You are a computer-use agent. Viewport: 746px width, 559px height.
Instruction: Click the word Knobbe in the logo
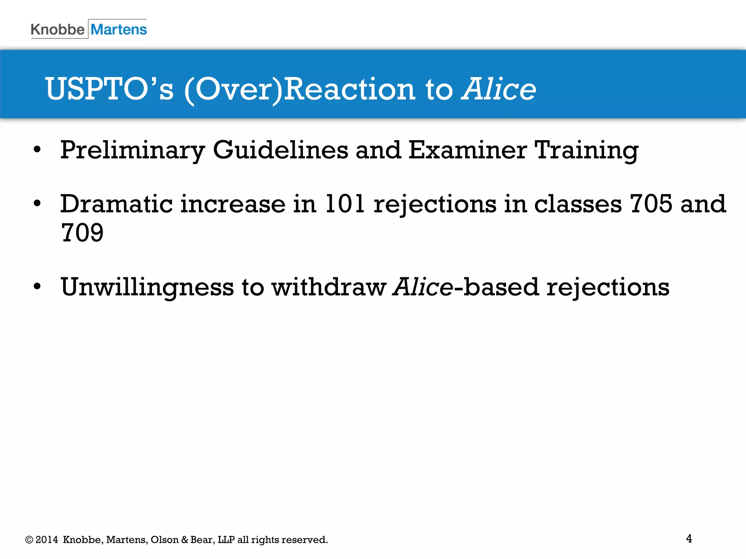(58, 29)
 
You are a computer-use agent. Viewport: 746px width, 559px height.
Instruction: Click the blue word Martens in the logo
(119, 29)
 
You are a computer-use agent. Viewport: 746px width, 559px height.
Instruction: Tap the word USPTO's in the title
(109, 89)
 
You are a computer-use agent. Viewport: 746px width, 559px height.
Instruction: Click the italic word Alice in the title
(499, 89)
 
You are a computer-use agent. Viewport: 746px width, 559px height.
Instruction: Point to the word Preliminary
(133, 150)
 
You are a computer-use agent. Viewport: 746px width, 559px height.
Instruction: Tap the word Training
(586, 150)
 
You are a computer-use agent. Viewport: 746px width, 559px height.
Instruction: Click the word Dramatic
(116, 204)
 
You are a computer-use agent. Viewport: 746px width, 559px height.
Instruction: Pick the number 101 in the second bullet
(344, 204)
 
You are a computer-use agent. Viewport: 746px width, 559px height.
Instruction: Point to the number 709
(82, 233)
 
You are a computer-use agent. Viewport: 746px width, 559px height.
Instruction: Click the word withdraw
(329, 287)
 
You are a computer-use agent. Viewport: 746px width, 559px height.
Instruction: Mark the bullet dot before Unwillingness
(37, 286)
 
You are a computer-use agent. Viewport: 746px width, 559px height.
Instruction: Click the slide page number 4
(689, 539)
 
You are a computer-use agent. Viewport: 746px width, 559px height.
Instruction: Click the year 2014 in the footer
(47, 540)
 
